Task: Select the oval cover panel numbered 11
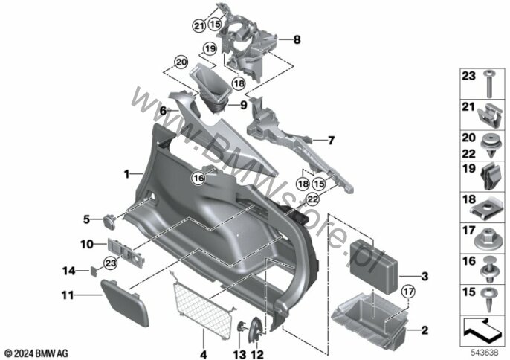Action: tap(125, 303)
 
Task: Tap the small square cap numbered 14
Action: tap(94, 271)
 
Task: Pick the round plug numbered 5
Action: tap(109, 221)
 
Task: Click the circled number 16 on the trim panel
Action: tap(199, 178)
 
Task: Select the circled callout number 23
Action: tap(111, 263)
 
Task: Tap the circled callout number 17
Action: tap(409, 292)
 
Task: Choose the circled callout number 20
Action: tap(181, 62)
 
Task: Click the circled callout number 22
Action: tap(312, 199)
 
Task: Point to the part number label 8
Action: tap(297, 39)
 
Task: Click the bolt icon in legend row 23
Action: tap(488, 84)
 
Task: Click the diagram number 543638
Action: tap(485, 353)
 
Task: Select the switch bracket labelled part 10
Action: tap(126, 252)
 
